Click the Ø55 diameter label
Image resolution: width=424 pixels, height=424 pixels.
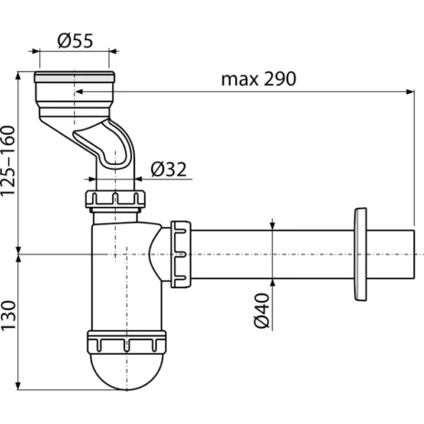[x=75, y=41]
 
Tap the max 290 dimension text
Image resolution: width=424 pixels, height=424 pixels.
[x=258, y=79]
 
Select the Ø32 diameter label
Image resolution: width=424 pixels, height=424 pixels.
[x=169, y=170]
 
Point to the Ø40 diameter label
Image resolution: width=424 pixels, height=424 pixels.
[x=262, y=311]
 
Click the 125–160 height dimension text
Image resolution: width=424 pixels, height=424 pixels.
[x=8, y=161]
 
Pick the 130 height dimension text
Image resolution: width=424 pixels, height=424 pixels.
[x=8, y=315]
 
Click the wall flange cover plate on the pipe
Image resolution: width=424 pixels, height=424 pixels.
[x=360, y=254]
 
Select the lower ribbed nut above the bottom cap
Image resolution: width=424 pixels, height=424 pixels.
[x=127, y=342]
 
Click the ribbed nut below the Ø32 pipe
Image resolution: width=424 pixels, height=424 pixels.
[x=115, y=199]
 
